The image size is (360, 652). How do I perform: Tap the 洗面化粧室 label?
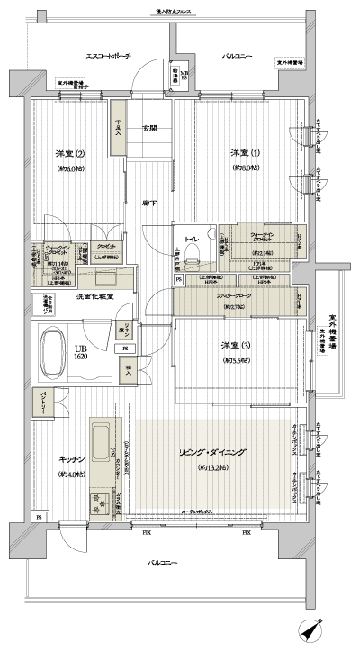click(x=92, y=296)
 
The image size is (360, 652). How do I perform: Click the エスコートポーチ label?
click(x=108, y=56)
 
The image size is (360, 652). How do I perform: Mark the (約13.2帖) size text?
click(x=213, y=468)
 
